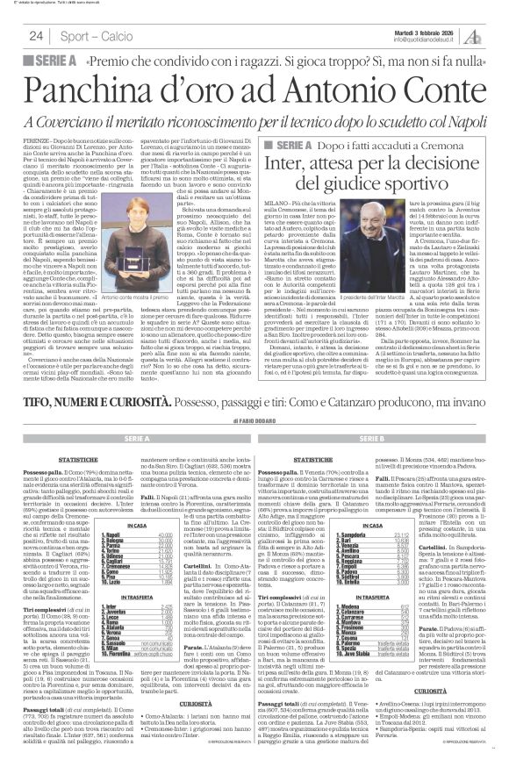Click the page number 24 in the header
pos(36,35)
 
